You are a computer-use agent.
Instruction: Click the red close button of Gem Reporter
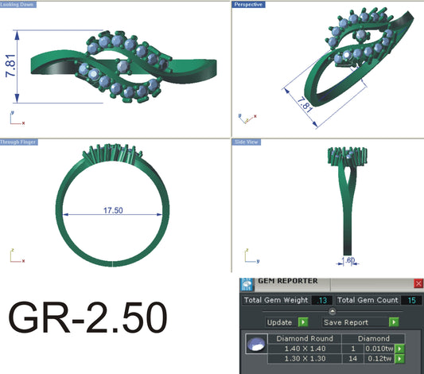tap(418, 282)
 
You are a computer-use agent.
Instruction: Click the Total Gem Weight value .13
tap(322, 300)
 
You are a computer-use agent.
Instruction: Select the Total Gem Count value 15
tap(410, 300)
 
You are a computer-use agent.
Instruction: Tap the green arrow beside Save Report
tap(394, 322)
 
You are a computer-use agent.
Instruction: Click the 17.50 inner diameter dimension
tap(113, 211)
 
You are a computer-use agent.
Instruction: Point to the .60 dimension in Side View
tap(348, 259)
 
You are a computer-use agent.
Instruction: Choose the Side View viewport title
tap(247, 142)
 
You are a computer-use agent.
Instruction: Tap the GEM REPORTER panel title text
tap(288, 281)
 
